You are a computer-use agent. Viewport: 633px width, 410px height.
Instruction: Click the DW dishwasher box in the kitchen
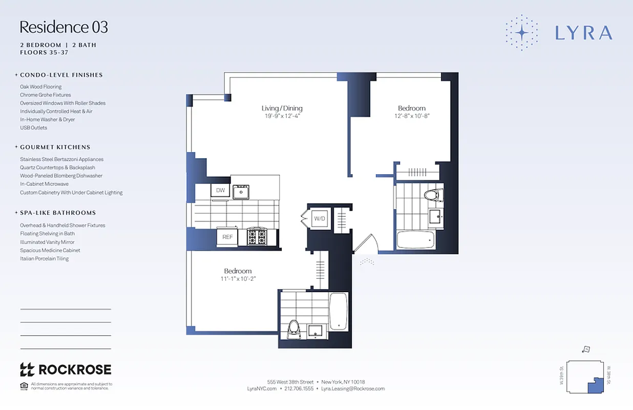click(x=220, y=191)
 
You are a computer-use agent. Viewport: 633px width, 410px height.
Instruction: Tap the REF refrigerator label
click(x=227, y=237)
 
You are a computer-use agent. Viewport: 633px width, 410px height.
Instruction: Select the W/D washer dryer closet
click(x=320, y=219)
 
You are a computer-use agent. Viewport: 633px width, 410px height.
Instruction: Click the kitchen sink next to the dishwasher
click(x=240, y=192)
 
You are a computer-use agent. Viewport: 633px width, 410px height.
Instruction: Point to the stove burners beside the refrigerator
click(x=257, y=237)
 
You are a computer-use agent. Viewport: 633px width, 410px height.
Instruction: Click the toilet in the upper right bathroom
click(x=433, y=195)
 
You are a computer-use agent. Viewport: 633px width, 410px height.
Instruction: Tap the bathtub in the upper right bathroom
click(x=416, y=240)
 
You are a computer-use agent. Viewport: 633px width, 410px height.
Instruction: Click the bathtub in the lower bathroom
click(x=339, y=311)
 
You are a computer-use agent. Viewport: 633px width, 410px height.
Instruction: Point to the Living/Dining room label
click(x=282, y=108)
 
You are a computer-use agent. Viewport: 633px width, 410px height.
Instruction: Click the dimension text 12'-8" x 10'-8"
click(x=412, y=116)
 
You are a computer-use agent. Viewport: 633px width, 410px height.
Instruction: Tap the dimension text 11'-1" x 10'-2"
click(x=238, y=279)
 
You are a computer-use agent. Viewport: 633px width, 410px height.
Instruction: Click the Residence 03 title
click(x=64, y=27)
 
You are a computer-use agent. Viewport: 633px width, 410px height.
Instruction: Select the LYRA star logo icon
click(x=521, y=32)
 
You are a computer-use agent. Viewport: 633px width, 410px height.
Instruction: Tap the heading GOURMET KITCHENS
click(x=55, y=147)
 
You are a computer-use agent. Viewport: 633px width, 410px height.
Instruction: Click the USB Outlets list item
click(x=33, y=128)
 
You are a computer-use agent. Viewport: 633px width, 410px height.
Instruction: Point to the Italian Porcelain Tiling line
click(x=44, y=259)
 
